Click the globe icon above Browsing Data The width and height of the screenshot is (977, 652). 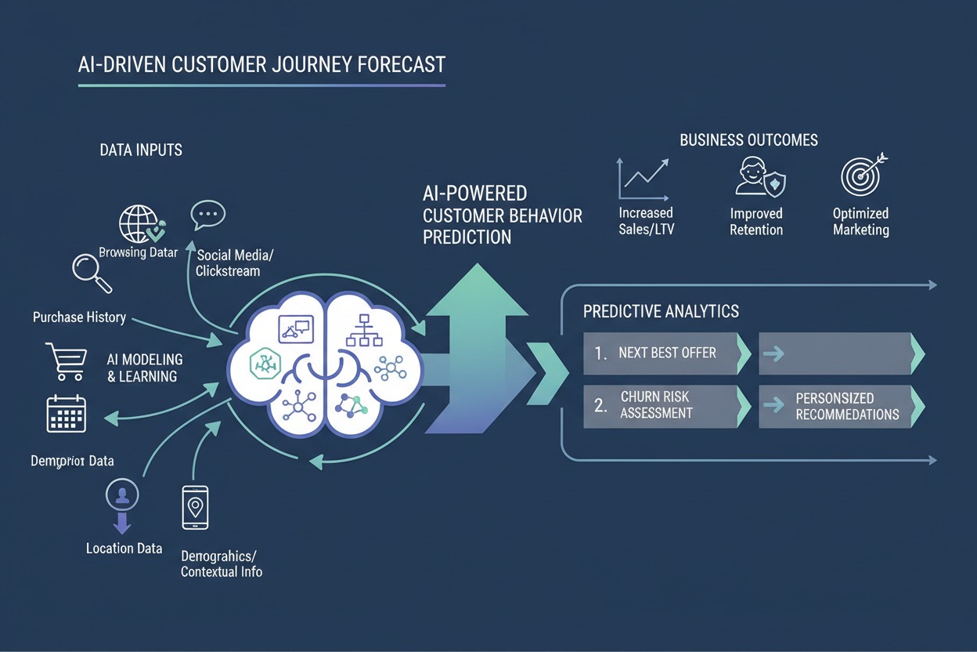coord(138,223)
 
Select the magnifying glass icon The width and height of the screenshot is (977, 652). coord(92,269)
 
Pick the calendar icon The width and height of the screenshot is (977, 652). coord(66,414)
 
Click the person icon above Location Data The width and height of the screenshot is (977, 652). coord(122,495)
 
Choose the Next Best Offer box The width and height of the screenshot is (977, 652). coord(665,353)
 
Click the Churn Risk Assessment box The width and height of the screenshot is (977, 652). coord(665,405)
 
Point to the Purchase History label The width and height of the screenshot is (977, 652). coord(79,317)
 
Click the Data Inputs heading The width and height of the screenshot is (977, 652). coord(141,149)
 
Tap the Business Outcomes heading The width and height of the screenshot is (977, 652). coord(748,140)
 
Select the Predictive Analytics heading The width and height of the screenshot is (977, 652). coord(661,311)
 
